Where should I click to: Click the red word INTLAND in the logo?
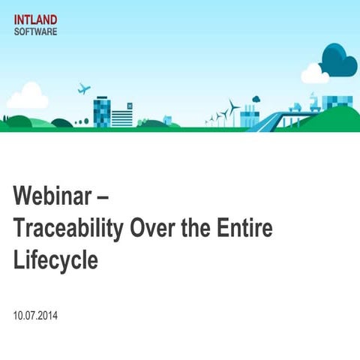(x=35, y=20)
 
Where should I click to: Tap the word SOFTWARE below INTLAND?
(x=35, y=32)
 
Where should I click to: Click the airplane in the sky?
(x=84, y=88)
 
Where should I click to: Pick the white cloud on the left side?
(x=28, y=97)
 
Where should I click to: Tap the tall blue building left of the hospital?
(x=101, y=112)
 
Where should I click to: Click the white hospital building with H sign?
(x=122, y=116)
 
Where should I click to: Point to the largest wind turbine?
(x=233, y=112)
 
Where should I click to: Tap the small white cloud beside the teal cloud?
(x=313, y=73)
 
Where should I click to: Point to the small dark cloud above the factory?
(x=256, y=98)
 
